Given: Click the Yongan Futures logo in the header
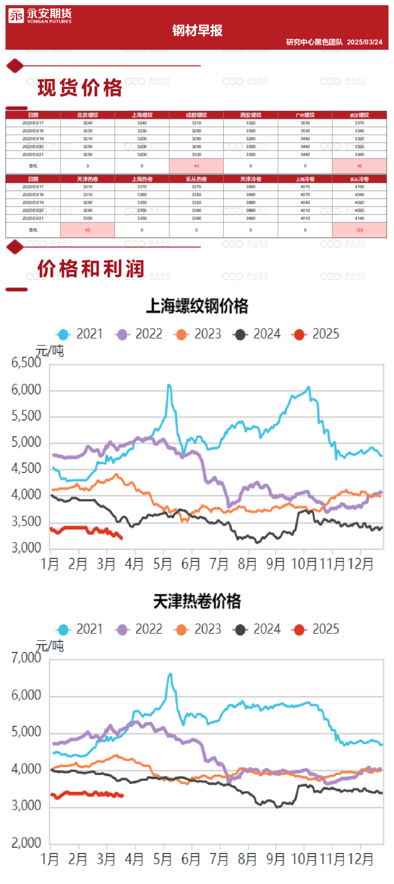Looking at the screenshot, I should [40, 16].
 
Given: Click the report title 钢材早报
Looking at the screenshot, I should [197, 31].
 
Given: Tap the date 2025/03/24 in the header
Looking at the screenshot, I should [365, 42].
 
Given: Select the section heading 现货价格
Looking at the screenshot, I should [80, 88].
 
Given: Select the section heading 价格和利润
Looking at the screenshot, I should [90, 268].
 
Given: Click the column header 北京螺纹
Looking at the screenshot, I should [88, 115].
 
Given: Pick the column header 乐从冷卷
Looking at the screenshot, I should [359, 179].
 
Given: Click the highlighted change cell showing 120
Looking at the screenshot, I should [359, 230].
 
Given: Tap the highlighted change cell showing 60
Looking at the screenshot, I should [88, 230].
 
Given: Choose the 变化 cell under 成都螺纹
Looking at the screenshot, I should [196, 166].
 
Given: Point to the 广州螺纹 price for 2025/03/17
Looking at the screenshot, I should [305, 123].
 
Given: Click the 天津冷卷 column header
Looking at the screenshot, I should [251, 179].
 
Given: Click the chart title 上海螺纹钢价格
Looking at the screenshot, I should [197, 306].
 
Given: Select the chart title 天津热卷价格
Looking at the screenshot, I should [197, 601].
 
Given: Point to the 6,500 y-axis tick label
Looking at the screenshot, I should [26, 363].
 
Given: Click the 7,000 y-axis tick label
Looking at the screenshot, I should [26, 658].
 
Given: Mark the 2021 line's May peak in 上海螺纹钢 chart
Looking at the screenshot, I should [169, 385].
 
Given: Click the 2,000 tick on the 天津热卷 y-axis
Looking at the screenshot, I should [26, 843].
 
